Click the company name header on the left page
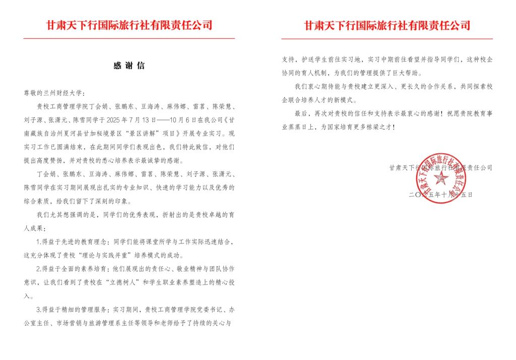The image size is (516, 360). pyautogui.click(x=129, y=25)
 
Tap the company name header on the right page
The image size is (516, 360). pyautogui.click(x=387, y=25)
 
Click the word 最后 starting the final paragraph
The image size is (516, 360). pyautogui.click(x=300, y=113)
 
